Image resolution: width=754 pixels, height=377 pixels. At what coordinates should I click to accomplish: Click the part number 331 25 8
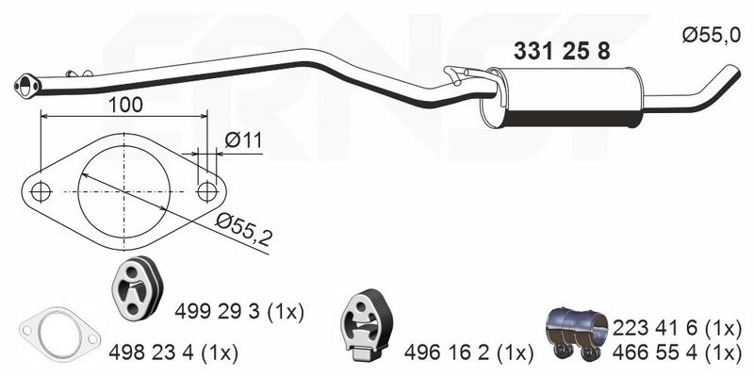tap(562, 51)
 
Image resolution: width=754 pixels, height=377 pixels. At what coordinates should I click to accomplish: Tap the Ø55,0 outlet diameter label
tap(712, 35)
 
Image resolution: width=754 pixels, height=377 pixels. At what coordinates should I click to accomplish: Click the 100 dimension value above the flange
tap(125, 105)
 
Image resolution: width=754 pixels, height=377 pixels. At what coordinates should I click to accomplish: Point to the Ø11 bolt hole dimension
tap(243, 140)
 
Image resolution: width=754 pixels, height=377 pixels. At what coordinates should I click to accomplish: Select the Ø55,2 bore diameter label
tap(243, 229)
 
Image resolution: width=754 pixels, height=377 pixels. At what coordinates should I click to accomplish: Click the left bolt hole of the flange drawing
tap(41, 192)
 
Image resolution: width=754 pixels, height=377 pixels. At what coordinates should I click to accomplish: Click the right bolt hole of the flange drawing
tap(207, 192)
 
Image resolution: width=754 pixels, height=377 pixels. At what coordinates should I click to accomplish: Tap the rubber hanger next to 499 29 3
tap(137, 288)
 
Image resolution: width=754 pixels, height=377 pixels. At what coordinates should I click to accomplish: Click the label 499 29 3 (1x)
tap(239, 313)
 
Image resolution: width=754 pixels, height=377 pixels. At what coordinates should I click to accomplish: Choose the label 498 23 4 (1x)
tap(173, 354)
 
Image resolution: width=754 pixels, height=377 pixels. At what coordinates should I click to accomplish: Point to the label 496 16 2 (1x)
tap(468, 354)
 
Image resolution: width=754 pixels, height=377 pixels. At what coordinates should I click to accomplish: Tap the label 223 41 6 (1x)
tap(677, 329)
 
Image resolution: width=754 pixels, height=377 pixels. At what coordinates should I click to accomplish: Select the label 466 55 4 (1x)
tap(677, 354)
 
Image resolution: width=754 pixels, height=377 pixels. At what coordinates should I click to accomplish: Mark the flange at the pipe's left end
tap(27, 87)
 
